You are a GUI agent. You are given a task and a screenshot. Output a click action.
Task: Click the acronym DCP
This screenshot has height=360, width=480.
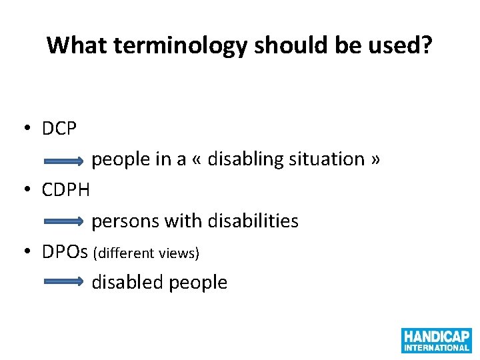click(59, 129)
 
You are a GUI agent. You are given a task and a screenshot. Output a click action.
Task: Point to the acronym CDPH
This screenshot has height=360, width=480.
click(65, 190)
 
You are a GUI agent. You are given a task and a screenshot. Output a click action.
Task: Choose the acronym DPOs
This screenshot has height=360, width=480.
click(65, 251)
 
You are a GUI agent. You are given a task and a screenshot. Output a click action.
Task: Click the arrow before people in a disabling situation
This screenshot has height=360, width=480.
click(64, 161)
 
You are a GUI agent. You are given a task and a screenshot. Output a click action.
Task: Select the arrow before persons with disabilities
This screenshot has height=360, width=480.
click(64, 222)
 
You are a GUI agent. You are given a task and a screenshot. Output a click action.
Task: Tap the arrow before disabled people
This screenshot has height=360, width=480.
click(64, 283)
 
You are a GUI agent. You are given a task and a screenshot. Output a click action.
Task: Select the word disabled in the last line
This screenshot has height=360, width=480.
click(127, 282)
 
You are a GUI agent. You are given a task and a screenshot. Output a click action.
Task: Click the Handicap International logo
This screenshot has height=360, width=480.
click(436, 340)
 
